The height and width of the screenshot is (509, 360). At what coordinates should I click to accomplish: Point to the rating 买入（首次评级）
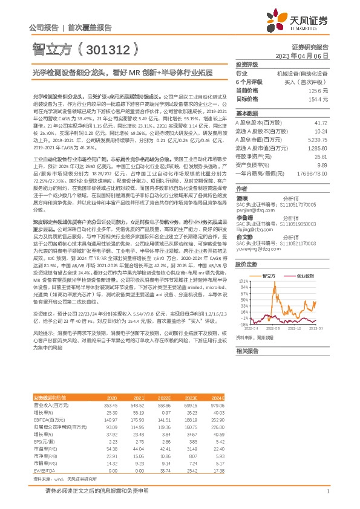(309, 81)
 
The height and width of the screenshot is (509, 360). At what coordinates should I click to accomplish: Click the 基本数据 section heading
(247, 113)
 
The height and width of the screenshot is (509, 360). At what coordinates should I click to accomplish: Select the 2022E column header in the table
(165, 397)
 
